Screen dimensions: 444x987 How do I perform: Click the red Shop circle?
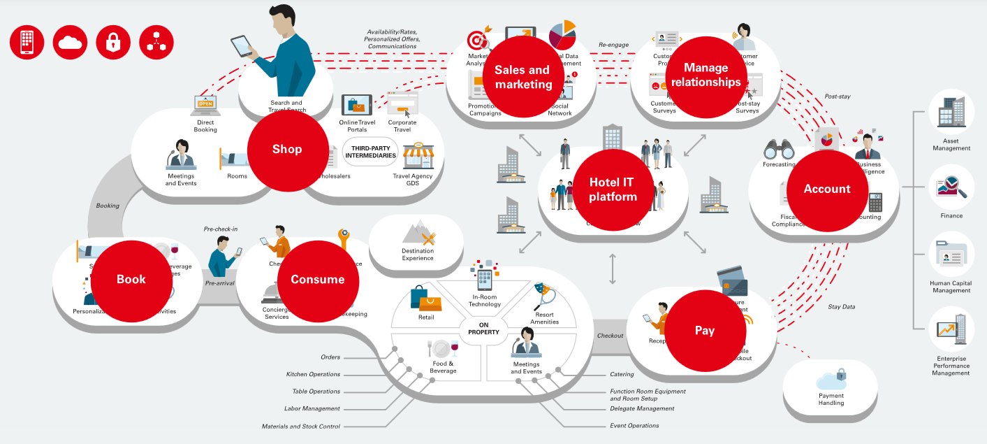287,149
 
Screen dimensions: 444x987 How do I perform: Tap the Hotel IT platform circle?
613,189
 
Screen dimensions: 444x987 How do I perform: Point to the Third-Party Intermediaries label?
370,151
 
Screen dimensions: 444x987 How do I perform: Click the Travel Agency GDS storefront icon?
418,156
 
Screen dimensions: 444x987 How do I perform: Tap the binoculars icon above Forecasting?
779,148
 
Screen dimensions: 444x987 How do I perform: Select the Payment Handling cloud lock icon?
831,380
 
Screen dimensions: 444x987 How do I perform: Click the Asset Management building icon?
951,111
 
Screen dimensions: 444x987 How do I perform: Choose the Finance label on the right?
951,215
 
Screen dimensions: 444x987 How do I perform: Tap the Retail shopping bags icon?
426,299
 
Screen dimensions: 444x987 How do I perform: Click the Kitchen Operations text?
313,375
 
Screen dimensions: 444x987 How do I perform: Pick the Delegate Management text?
642,408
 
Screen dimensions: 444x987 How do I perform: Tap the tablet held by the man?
242,46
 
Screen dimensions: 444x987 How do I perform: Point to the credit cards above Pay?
731,280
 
